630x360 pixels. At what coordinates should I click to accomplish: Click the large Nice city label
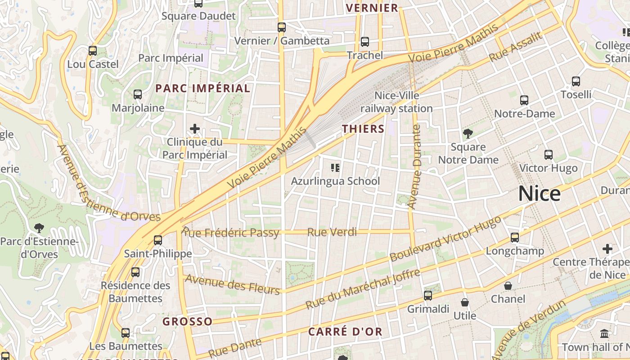[540, 193]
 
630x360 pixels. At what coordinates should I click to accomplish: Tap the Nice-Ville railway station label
[396, 102]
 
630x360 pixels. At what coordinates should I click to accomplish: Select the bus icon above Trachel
[365, 42]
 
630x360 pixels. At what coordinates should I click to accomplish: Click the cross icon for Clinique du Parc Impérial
[194, 129]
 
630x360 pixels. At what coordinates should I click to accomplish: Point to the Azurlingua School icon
[335, 168]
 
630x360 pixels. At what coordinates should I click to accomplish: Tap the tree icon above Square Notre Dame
[468, 133]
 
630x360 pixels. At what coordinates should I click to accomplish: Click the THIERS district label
[363, 129]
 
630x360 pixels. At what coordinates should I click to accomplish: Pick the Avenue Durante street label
[414, 166]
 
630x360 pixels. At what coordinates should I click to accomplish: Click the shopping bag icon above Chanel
[508, 286]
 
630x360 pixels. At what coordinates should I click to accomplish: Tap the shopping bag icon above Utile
[465, 302]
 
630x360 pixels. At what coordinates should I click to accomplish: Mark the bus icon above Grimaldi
[428, 296]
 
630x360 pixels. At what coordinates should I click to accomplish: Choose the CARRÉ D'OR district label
[345, 332]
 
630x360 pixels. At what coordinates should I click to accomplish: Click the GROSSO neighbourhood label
[187, 321]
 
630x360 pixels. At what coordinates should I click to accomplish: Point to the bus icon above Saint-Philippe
[158, 240]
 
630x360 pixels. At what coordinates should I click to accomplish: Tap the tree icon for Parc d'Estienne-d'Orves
[39, 228]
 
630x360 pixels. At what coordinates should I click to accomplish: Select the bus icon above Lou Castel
[93, 51]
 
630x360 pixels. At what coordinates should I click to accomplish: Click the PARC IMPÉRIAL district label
[202, 88]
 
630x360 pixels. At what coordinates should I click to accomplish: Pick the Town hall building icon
[604, 334]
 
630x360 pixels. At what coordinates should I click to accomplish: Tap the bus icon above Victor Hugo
[549, 155]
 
